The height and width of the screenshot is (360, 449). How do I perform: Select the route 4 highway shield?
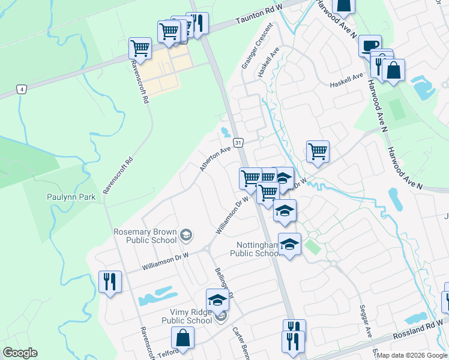click(x=22, y=89)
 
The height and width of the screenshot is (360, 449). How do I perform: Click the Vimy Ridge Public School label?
click(x=187, y=316)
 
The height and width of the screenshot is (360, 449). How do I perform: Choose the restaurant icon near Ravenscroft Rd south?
click(x=110, y=280)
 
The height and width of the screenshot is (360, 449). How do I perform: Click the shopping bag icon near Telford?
click(x=182, y=338)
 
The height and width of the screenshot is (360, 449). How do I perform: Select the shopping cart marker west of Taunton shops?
click(x=140, y=48)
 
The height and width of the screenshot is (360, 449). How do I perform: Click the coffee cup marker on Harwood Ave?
click(x=370, y=45)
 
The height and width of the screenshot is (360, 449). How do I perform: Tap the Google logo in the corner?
click(x=20, y=352)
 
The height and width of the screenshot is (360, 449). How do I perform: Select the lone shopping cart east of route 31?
click(x=318, y=151)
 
